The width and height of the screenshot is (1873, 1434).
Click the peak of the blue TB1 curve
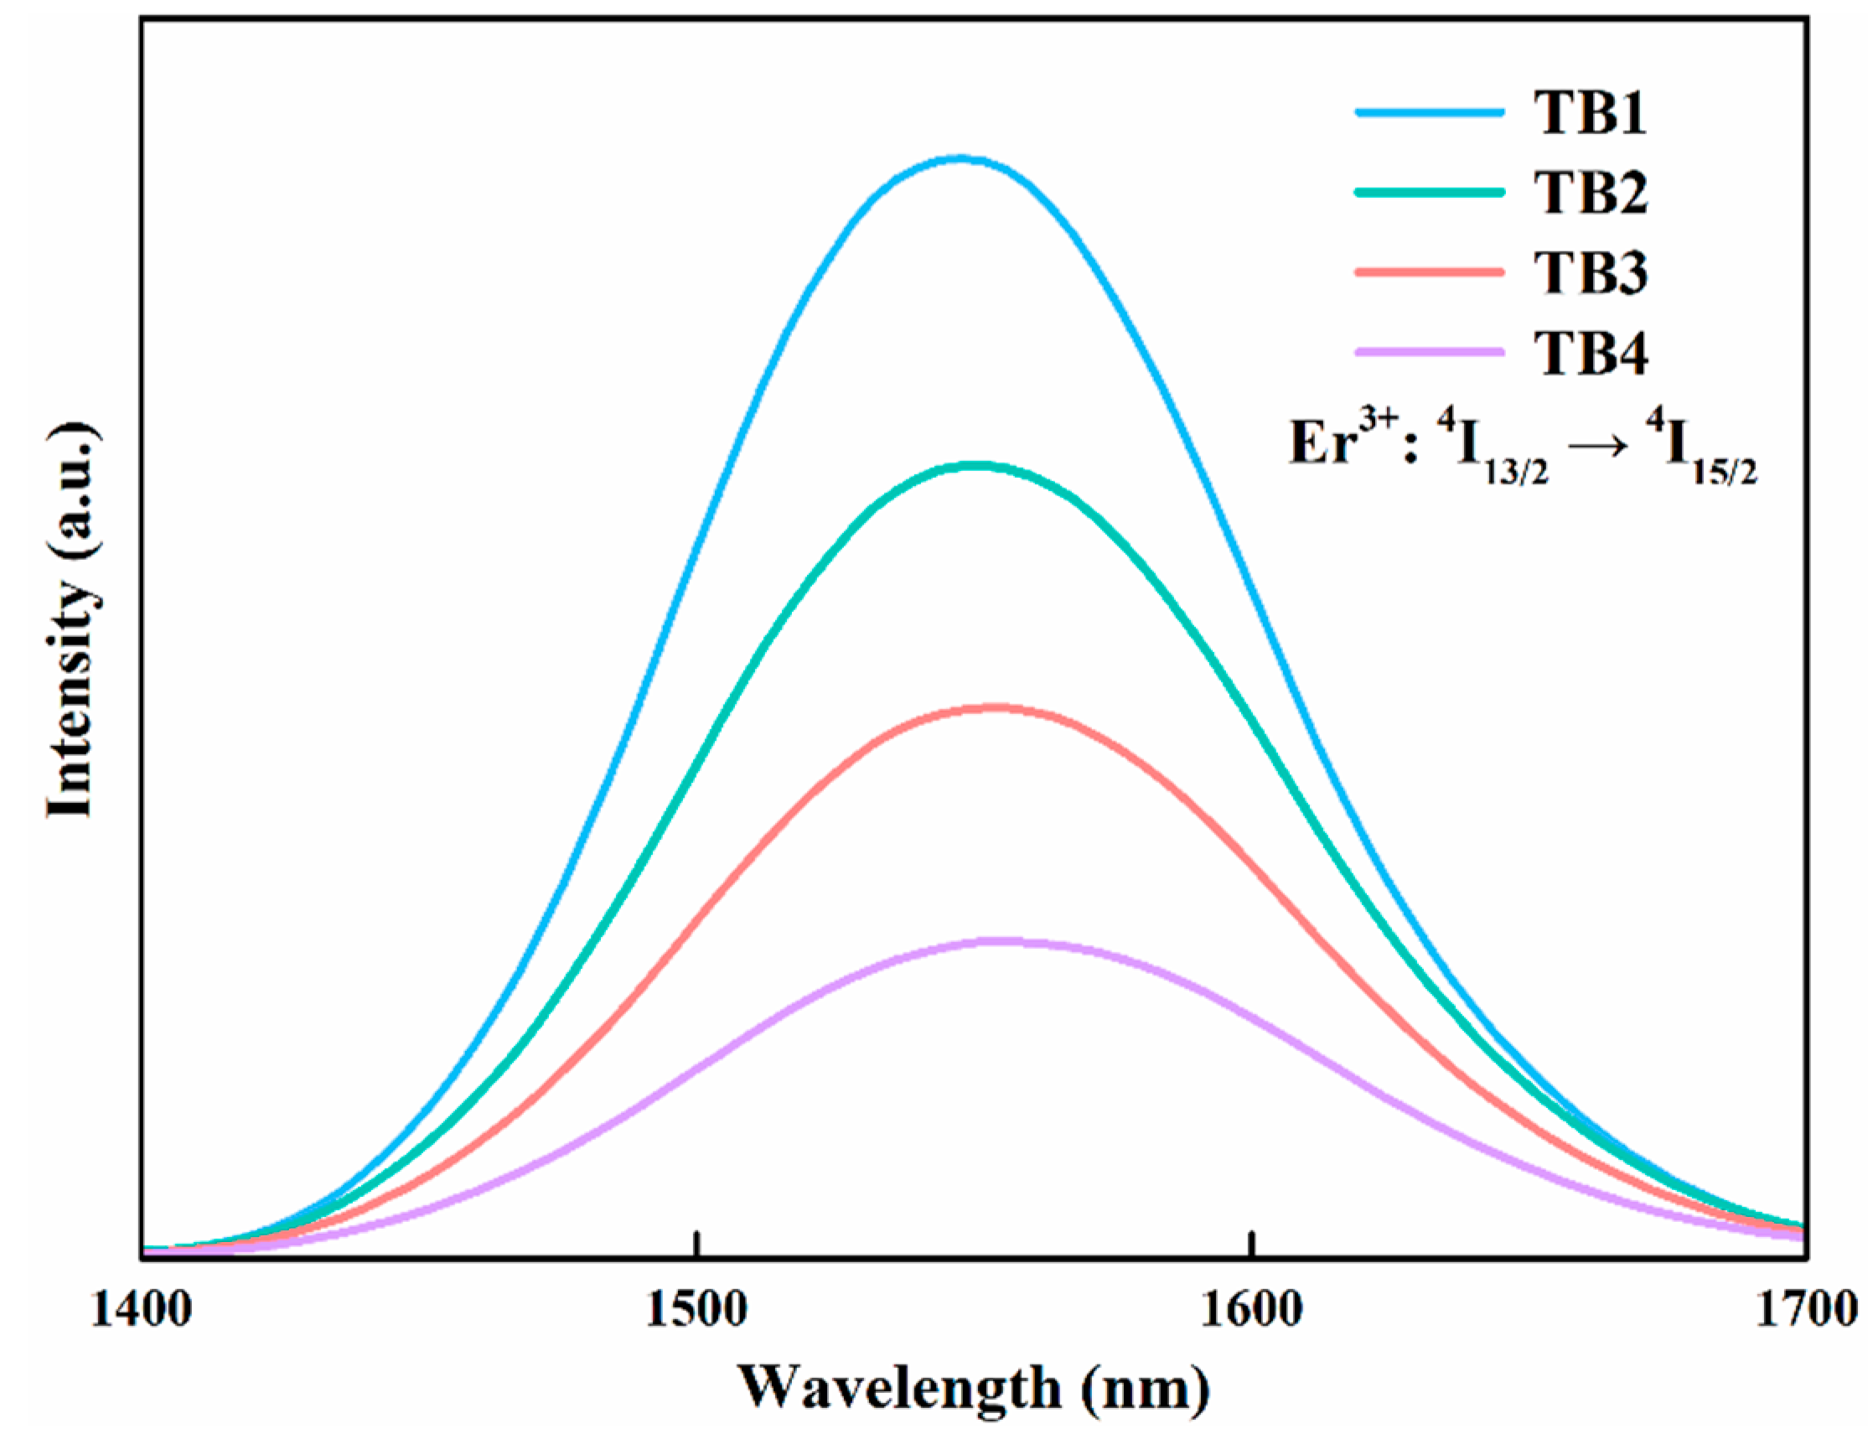coord(961,158)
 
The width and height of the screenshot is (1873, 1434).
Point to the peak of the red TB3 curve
coord(994,707)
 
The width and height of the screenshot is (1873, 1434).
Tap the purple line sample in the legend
coord(1430,350)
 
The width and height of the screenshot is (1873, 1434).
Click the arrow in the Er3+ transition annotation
coord(1601,448)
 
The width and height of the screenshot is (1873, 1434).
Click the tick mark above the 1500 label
coord(697,1245)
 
